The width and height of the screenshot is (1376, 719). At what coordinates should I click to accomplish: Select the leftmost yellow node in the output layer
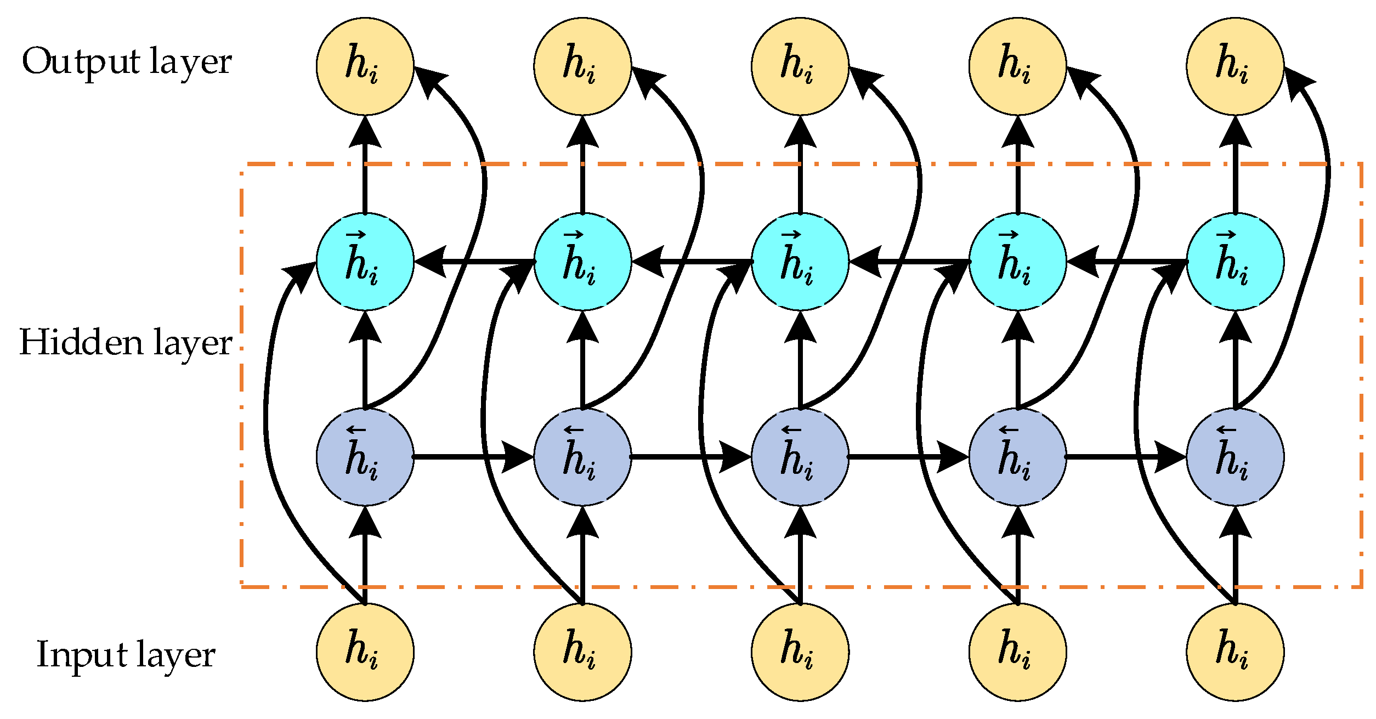pyautogui.click(x=365, y=66)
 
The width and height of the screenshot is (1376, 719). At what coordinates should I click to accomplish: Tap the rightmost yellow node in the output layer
pyautogui.click(x=1235, y=66)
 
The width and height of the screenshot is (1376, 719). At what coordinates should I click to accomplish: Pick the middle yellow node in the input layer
pyautogui.click(x=800, y=652)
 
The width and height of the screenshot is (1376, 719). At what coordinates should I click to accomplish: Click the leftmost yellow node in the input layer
pyautogui.click(x=365, y=652)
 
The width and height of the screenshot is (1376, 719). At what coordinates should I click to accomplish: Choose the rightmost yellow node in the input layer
pyautogui.click(x=1235, y=652)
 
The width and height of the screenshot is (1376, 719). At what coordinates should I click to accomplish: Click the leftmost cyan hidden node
pyautogui.click(x=365, y=262)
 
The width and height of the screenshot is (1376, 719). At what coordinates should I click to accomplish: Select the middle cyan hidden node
pyautogui.click(x=800, y=262)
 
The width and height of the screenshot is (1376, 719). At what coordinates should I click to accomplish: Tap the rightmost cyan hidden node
pyautogui.click(x=1235, y=262)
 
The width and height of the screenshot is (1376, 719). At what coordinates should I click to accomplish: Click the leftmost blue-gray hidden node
pyautogui.click(x=365, y=457)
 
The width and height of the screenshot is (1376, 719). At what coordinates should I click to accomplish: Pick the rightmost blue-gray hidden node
pyautogui.click(x=1235, y=457)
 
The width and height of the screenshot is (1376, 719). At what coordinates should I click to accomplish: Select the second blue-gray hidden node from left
pyautogui.click(x=582, y=457)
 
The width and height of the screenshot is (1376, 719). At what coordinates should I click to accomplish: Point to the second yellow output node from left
pyautogui.click(x=582, y=66)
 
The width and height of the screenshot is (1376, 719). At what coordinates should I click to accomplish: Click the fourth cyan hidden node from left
pyautogui.click(x=1017, y=262)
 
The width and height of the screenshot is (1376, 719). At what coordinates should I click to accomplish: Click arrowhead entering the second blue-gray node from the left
pyautogui.click(x=518, y=457)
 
